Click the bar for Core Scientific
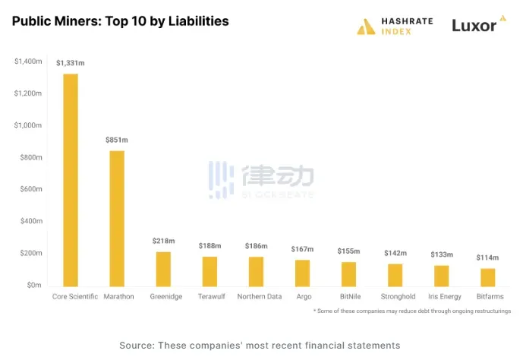(71, 179)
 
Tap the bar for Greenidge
(163, 268)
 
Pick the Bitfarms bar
(487, 276)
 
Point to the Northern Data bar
(256, 270)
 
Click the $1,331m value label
(71, 63)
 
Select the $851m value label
(117, 140)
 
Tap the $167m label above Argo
(303, 249)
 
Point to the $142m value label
(395, 253)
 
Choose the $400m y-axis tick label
(30, 221)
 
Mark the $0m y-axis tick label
(33, 285)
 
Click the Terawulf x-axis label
(210, 297)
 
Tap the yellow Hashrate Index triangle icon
(367, 27)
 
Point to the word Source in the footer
(137, 346)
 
